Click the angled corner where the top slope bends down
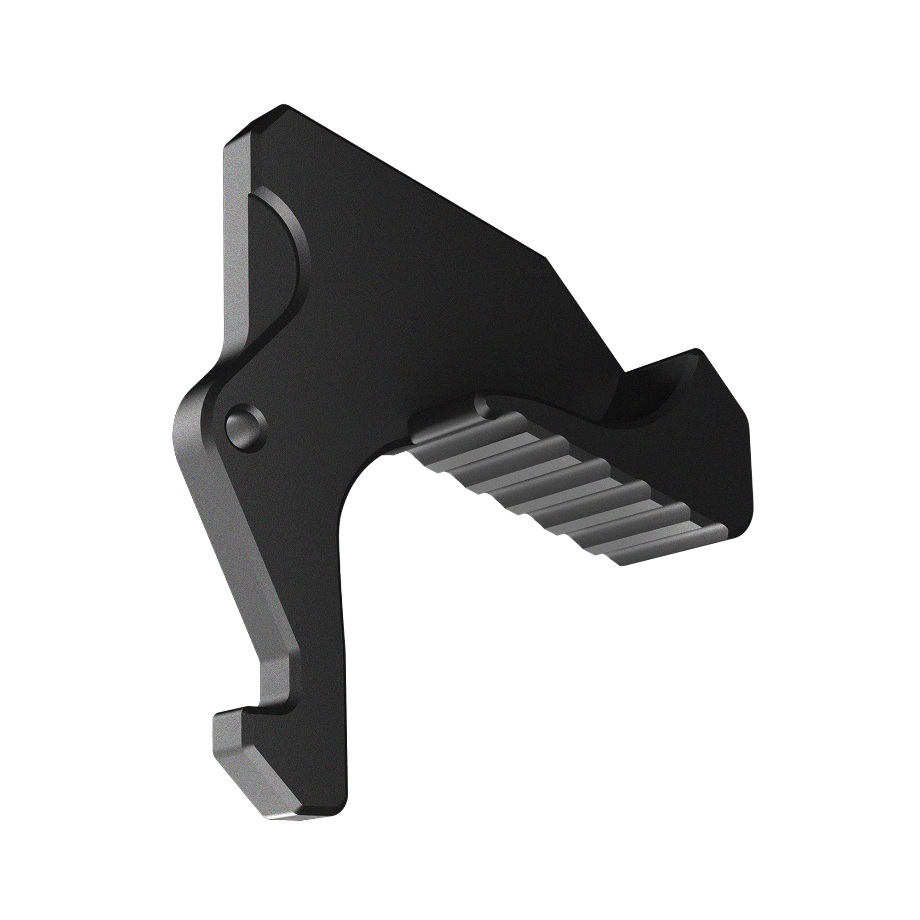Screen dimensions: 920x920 point(547,259)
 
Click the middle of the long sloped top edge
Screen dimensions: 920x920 point(414,184)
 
